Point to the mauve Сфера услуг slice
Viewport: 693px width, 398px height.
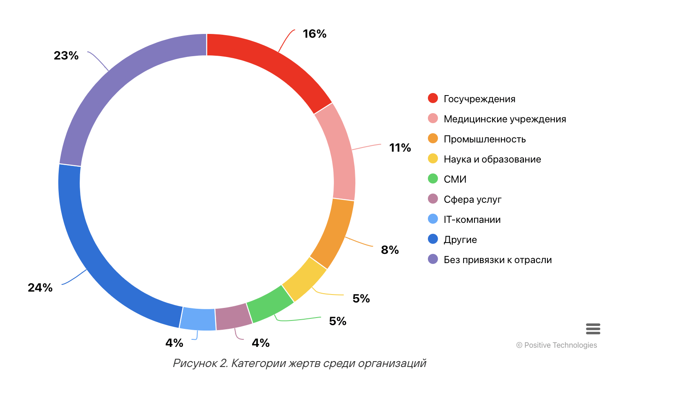[233, 317]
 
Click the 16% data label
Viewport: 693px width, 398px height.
[315, 34]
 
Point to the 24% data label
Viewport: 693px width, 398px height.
[40, 288]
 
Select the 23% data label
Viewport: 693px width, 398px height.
[66, 56]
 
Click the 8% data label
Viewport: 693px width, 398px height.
[390, 250]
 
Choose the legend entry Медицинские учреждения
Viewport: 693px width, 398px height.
[505, 119]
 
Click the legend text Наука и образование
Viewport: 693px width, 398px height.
[492, 159]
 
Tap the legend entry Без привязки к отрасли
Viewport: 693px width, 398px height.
[498, 260]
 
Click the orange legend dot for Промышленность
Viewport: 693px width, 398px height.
[433, 139]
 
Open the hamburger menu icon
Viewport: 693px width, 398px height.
[593, 329]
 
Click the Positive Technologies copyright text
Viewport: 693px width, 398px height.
[557, 345]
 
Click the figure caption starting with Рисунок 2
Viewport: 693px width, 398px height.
[300, 363]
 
